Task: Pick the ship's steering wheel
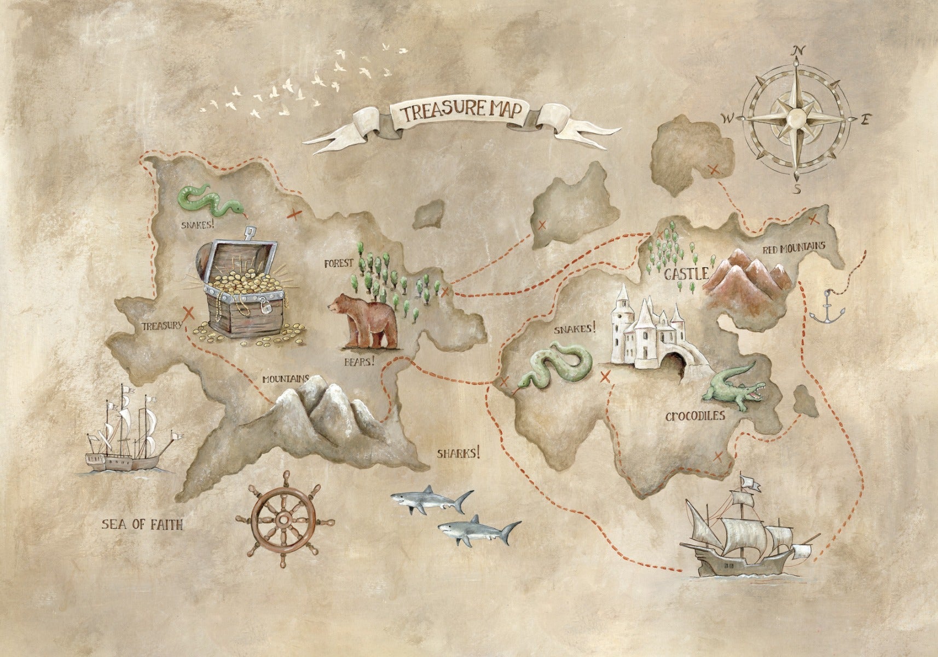pyautogui.click(x=284, y=518)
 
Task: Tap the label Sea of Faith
pyautogui.click(x=142, y=525)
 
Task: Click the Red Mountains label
pyautogui.click(x=794, y=247)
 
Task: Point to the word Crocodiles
pyautogui.click(x=695, y=416)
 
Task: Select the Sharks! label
pyautogui.click(x=459, y=453)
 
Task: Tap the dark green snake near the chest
pyautogui.click(x=207, y=200)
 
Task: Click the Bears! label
pyautogui.click(x=360, y=361)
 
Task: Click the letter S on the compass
pyautogui.click(x=798, y=189)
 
